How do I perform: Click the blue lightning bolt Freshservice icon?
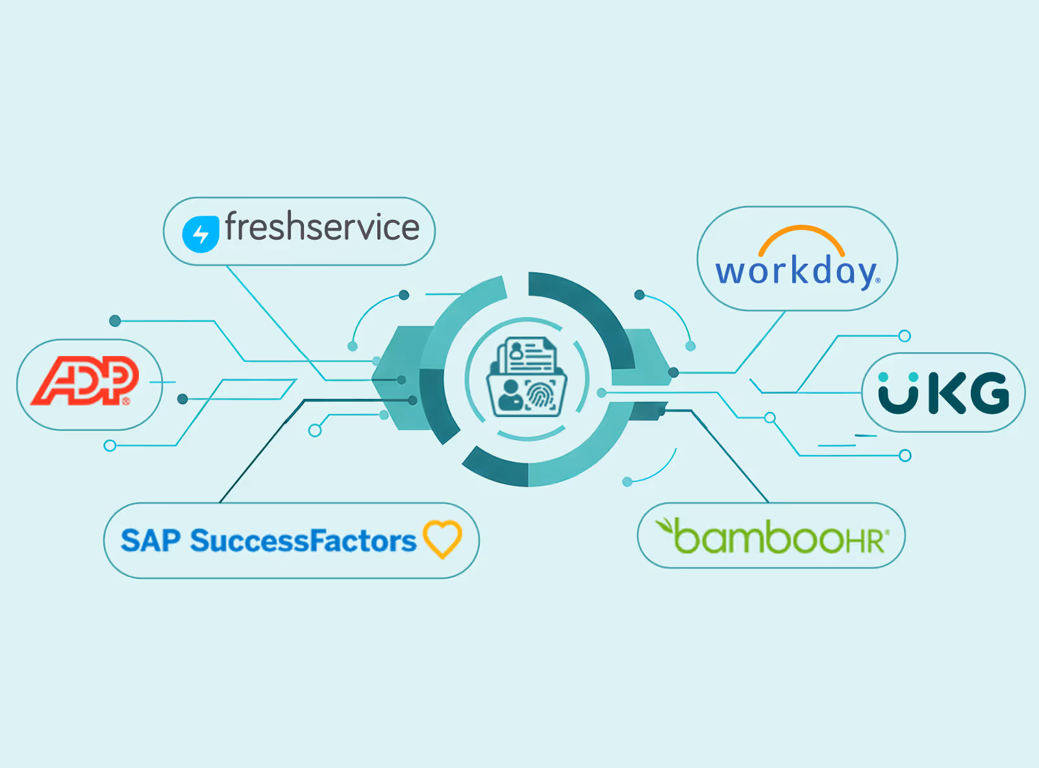click(x=201, y=234)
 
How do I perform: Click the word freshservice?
click(x=322, y=227)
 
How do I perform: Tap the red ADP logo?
click(x=85, y=381)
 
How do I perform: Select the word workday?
click(x=797, y=272)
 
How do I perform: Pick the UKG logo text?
click(x=944, y=392)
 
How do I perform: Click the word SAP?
click(x=151, y=541)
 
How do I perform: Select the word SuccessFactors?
click(x=303, y=541)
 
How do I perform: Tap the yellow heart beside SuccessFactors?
click(x=442, y=539)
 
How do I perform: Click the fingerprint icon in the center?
click(x=539, y=395)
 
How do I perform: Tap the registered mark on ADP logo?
click(x=126, y=401)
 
